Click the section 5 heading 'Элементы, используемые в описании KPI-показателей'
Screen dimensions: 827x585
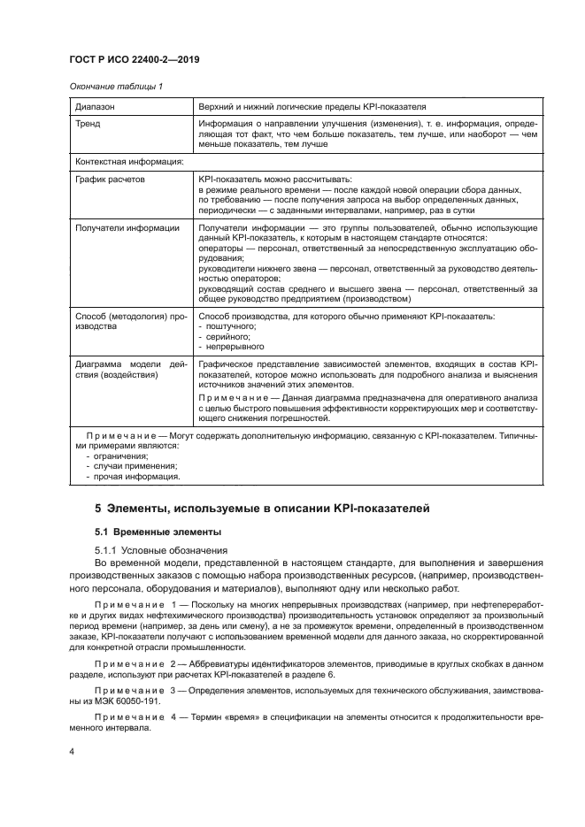(261, 509)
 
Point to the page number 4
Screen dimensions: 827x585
(72, 750)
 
